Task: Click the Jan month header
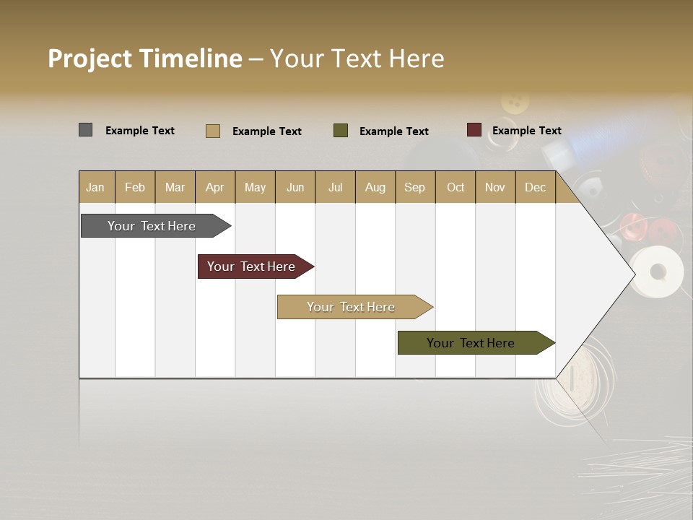click(96, 187)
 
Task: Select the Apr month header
click(215, 187)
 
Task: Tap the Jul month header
click(335, 187)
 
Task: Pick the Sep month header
click(415, 187)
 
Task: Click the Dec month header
click(535, 187)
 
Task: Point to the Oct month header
click(456, 187)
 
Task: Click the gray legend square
click(85, 130)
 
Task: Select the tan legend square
click(213, 131)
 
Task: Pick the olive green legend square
click(341, 130)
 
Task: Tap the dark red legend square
click(474, 130)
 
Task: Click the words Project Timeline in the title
click(144, 58)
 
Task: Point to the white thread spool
click(656, 272)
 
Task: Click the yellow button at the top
click(515, 102)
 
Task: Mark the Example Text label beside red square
click(526, 131)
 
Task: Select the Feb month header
click(135, 187)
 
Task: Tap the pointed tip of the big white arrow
click(633, 274)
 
